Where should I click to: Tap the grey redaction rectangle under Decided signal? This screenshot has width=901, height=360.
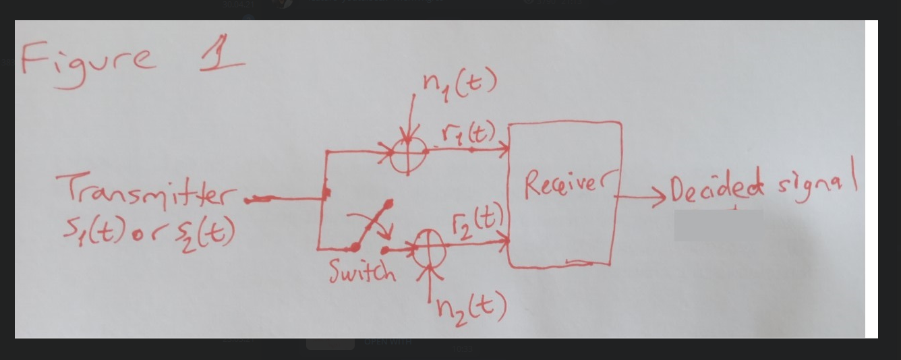[x=718, y=225]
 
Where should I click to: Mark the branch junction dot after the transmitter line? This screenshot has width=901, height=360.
[x=326, y=194]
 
